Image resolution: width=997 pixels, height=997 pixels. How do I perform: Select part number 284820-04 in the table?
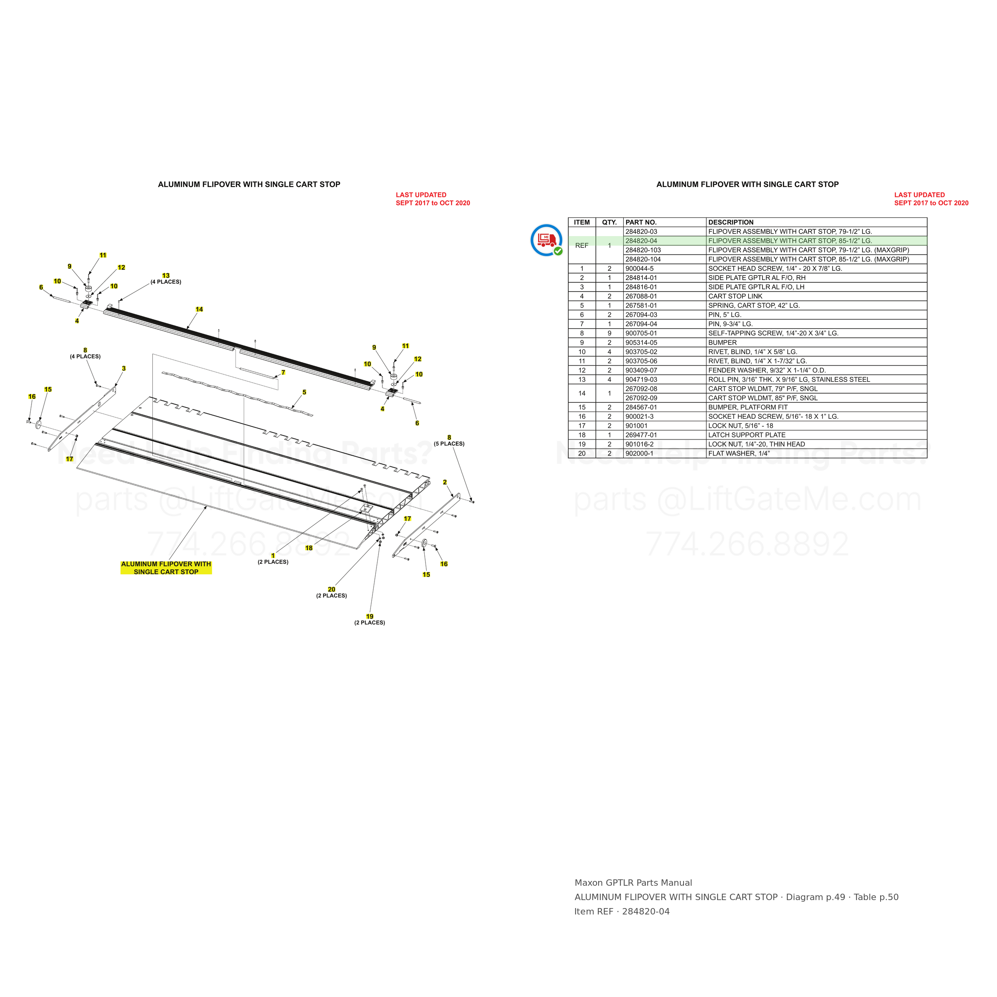coord(641,241)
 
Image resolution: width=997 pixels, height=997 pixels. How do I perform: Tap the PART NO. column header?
coord(641,223)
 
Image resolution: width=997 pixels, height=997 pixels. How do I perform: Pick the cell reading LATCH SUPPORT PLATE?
coord(747,435)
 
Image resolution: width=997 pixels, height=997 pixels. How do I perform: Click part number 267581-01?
coord(641,305)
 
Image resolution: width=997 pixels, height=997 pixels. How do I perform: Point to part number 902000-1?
coord(639,453)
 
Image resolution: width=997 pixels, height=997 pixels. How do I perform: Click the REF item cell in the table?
coord(581,246)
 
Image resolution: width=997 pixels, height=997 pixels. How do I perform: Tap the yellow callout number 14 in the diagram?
coord(199,309)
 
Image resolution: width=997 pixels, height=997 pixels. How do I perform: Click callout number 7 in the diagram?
coord(283,372)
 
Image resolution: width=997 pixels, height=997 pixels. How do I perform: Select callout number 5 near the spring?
coord(304,392)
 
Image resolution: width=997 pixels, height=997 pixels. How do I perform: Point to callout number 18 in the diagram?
coord(309,548)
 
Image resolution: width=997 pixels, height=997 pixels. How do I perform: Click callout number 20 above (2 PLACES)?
coord(331,589)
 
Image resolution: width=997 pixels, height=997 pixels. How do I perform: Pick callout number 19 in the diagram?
coord(370,616)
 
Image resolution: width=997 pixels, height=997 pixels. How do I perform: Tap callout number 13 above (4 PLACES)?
coord(166,276)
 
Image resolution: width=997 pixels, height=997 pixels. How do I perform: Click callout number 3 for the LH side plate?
coord(124,368)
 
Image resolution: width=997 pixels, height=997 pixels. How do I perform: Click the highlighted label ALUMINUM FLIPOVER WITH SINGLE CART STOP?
coord(166,567)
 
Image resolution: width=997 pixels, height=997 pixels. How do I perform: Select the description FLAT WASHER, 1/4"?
coord(739,453)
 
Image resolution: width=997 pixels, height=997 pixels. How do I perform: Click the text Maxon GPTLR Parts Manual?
coord(633,883)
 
